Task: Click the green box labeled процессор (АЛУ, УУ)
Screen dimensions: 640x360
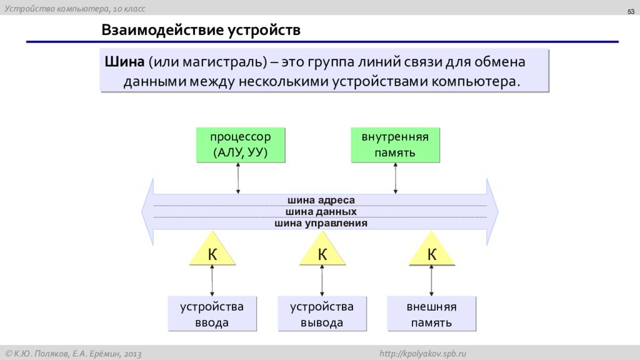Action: (241, 145)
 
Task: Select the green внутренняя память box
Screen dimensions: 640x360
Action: (395, 145)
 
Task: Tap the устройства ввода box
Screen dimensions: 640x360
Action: (212, 314)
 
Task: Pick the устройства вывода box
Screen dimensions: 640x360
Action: (322, 314)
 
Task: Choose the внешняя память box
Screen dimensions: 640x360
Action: (431, 314)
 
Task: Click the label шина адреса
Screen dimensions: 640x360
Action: (321, 200)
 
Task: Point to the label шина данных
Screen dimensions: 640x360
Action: (321, 211)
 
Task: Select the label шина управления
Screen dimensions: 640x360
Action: (321, 223)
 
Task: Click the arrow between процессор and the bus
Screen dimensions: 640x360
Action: (238, 178)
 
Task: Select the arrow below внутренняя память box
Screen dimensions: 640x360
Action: (395, 178)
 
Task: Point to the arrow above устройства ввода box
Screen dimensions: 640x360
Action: (212, 281)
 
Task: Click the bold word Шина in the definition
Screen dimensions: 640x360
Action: (124, 62)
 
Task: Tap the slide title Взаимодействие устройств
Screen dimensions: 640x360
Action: (201, 30)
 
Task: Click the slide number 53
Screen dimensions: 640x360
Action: (631, 12)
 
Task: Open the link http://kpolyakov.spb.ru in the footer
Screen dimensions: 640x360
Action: (422, 354)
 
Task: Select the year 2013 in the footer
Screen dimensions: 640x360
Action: (132, 354)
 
